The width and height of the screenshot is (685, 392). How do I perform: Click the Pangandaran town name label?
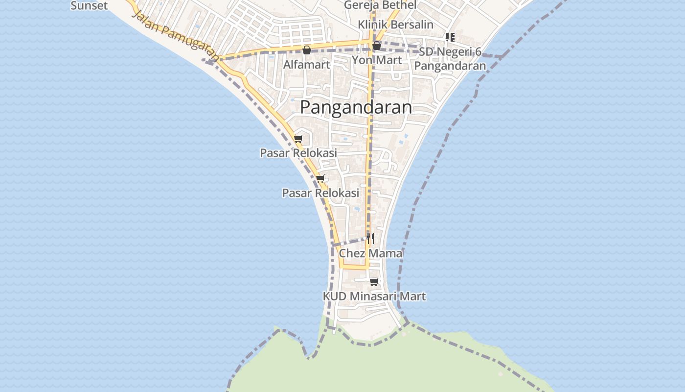point(356,107)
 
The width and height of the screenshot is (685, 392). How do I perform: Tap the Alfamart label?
point(307,65)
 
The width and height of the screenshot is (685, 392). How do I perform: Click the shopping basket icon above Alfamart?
point(307,50)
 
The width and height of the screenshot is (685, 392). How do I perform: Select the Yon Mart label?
point(377,60)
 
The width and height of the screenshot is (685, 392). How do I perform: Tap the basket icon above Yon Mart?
point(377,46)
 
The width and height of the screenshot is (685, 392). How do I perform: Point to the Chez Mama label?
point(370,253)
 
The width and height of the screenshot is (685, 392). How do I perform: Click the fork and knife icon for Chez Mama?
point(370,239)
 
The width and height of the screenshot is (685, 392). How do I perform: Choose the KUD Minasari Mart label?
point(374,296)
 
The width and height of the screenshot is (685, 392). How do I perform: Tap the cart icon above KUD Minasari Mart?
point(374,282)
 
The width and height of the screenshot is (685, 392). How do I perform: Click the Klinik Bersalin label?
point(395,24)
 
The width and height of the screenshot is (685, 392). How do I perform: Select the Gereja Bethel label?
point(380,5)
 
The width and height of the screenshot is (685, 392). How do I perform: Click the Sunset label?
point(89,6)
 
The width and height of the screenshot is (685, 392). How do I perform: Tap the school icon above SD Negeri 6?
point(450,37)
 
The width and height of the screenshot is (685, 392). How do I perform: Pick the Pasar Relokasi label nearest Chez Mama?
point(320,193)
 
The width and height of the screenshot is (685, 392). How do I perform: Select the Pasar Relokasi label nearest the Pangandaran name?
point(298,153)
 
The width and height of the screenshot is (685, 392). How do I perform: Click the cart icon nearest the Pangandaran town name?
point(298,139)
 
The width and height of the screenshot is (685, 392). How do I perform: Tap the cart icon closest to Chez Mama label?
point(374,282)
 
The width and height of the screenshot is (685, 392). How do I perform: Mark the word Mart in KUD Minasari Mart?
point(413,296)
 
